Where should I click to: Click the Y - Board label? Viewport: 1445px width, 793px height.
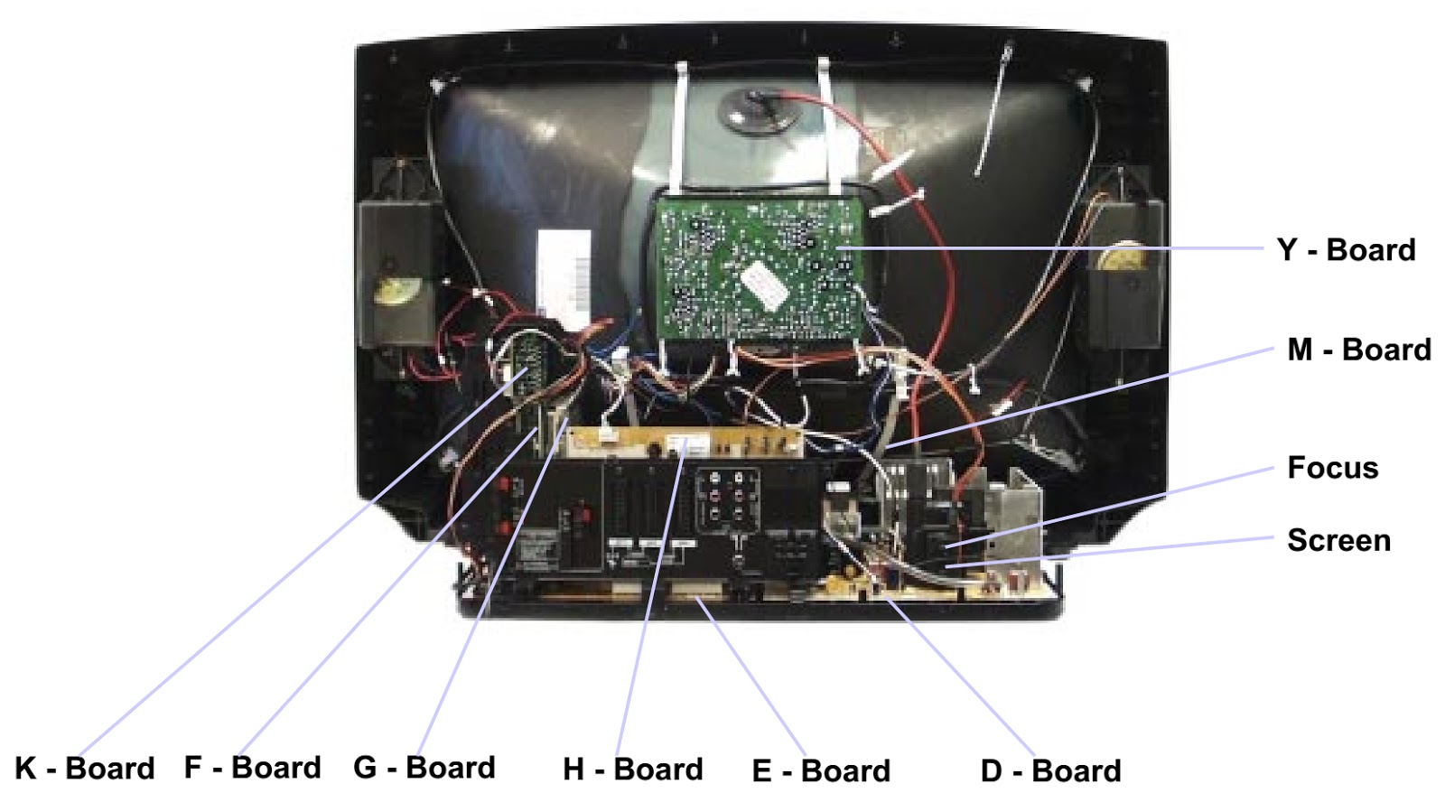click(x=1346, y=250)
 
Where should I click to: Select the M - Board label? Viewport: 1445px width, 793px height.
click(x=1358, y=350)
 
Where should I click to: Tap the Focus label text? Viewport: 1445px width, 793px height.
click(x=1332, y=468)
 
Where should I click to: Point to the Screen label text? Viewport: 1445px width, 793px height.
click(x=1338, y=540)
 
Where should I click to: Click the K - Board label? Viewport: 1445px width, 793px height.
click(x=85, y=768)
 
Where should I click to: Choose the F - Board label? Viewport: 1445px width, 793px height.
click(x=252, y=767)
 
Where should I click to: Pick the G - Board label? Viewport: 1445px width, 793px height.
click(x=424, y=767)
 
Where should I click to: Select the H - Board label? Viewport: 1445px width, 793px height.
click(x=632, y=769)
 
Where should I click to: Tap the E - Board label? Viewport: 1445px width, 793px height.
click(x=821, y=770)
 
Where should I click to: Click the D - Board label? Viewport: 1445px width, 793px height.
click(x=1050, y=770)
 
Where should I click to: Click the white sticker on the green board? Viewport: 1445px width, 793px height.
click(x=764, y=285)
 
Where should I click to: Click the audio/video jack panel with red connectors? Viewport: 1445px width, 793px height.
click(x=727, y=500)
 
